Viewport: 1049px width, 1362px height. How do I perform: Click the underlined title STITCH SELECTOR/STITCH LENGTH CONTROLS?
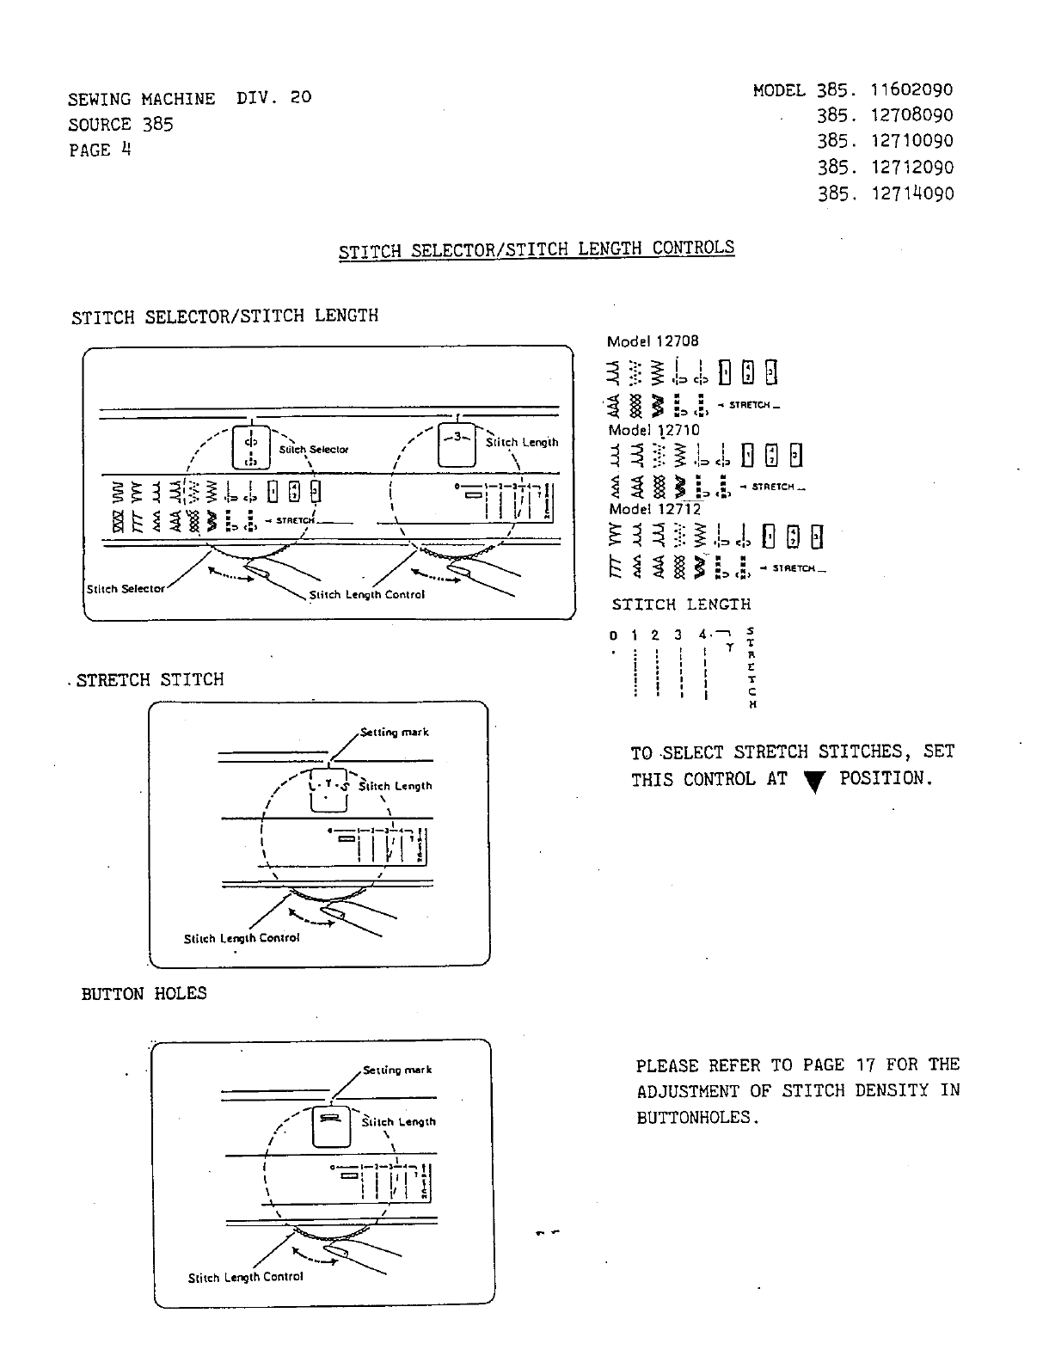click(x=537, y=249)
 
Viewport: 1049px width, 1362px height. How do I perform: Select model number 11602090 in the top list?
click(x=911, y=90)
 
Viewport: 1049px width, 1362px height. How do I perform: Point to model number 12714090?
click(x=911, y=193)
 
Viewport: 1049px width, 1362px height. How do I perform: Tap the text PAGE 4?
click(x=100, y=150)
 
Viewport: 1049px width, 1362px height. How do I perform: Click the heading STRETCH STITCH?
click(x=150, y=680)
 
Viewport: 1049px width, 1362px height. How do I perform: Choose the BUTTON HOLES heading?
click(x=144, y=994)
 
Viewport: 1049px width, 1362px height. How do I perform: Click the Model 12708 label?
click(x=653, y=340)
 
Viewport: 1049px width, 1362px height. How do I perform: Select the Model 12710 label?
click(x=653, y=430)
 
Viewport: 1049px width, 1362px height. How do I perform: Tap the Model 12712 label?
click(x=653, y=509)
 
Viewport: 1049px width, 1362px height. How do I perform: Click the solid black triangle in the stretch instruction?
click(x=812, y=781)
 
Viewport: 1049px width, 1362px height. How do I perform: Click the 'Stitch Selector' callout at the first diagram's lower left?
click(x=126, y=589)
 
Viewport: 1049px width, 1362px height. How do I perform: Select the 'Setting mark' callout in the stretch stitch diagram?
click(x=394, y=733)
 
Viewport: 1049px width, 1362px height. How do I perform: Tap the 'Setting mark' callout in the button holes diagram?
click(x=396, y=1070)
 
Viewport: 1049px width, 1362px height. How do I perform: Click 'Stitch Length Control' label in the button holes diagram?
click(x=245, y=1277)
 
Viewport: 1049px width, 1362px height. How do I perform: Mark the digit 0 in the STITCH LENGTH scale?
click(x=613, y=635)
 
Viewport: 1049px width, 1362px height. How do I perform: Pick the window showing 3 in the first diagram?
click(x=457, y=445)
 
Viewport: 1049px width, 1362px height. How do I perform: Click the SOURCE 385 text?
click(x=120, y=125)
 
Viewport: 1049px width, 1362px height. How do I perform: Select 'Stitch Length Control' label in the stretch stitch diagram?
click(x=241, y=938)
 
